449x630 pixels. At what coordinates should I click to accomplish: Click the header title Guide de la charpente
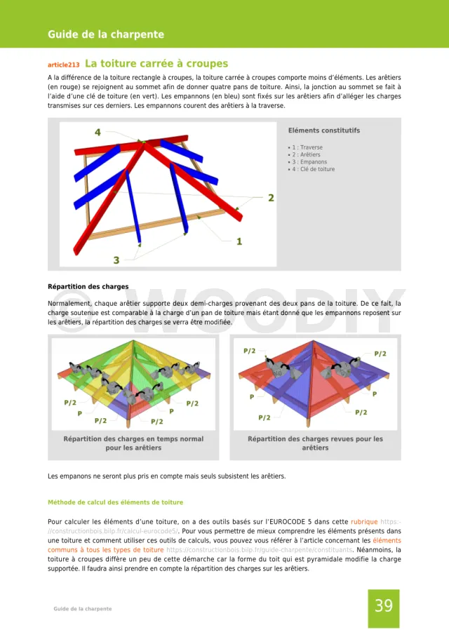click(x=106, y=34)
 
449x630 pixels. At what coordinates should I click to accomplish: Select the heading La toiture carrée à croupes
click(x=156, y=64)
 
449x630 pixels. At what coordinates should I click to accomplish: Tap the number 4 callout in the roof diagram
click(x=98, y=132)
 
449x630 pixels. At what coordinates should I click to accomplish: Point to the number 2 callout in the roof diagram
click(x=271, y=198)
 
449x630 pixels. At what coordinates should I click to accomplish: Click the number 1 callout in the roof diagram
click(x=239, y=241)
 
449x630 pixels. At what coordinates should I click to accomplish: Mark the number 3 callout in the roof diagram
click(x=116, y=260)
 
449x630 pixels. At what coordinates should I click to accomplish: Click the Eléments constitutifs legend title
click(x=324, y=130)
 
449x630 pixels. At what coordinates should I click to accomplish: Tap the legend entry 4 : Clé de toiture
click(x=312, y=169)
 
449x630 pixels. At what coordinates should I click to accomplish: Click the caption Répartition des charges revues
click(x=315, y=439)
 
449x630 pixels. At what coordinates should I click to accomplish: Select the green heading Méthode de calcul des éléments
click(x=115, y=502)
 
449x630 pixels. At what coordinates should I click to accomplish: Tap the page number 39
click(x=384, y=606)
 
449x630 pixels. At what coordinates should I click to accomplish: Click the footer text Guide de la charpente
click(x=83, y=609)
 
